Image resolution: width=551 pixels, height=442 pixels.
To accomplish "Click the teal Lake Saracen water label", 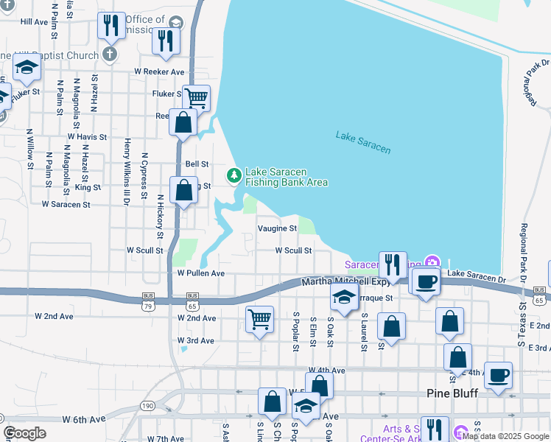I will [363, 141].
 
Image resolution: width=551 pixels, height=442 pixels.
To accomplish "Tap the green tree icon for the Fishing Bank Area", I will [234, 175].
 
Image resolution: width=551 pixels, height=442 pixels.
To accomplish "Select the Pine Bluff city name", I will [453, 393].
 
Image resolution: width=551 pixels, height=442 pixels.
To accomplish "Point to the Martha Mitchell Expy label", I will [345, 282].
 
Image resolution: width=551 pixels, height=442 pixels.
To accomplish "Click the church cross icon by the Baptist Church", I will [110, 54].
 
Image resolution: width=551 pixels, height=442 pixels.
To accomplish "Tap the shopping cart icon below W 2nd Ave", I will [259, 319].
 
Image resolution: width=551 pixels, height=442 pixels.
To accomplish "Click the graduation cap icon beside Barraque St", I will [343, 298].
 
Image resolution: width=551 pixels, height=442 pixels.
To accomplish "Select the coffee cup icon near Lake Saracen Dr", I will [424, 281].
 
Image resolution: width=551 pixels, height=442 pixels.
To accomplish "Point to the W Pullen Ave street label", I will [200, 273].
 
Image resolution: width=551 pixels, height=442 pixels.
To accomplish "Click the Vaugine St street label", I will [277, 228].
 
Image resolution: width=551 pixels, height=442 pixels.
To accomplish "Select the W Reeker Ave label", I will [159, 71].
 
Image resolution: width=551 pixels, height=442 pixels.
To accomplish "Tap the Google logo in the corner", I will [24, 433].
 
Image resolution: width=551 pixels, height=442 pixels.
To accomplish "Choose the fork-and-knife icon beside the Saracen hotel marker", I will [392, 264].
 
